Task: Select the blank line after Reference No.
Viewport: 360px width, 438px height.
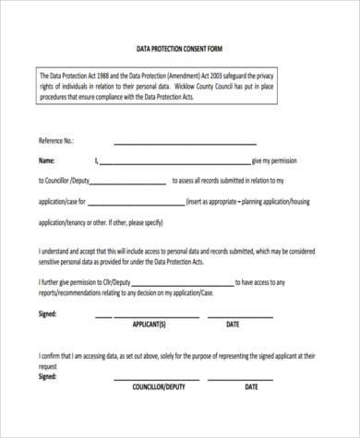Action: point(185,143)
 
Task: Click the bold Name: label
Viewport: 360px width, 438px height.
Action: point(46,160)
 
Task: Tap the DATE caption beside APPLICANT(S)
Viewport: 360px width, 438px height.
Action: point(233,325)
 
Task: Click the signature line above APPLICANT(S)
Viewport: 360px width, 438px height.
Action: point(148,317)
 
